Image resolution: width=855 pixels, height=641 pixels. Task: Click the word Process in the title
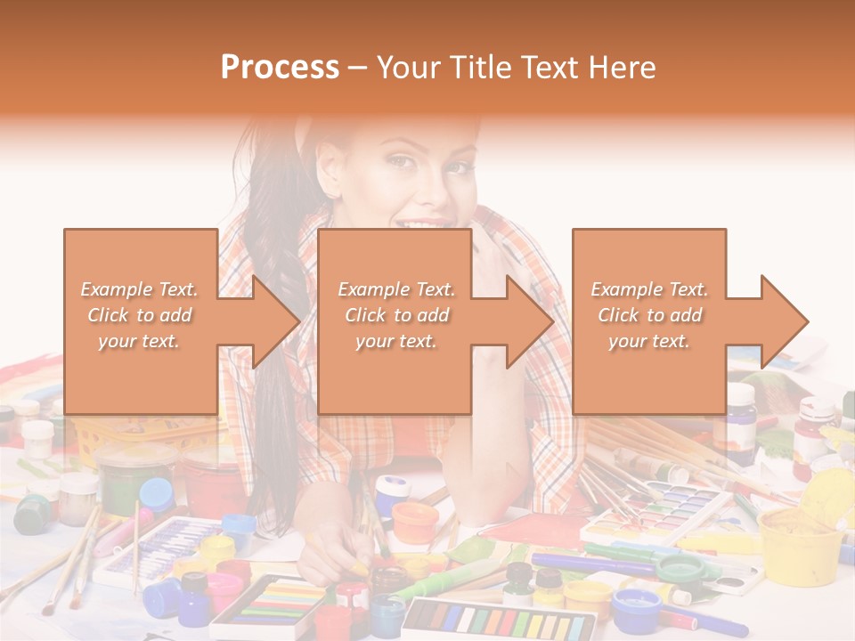(280, 67)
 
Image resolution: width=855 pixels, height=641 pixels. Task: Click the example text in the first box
(140, 315)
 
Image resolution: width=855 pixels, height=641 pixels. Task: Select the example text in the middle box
(395, 315)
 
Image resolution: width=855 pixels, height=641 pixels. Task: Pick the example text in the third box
(648, 315)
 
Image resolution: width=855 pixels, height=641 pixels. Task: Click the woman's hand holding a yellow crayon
(334, 552)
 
